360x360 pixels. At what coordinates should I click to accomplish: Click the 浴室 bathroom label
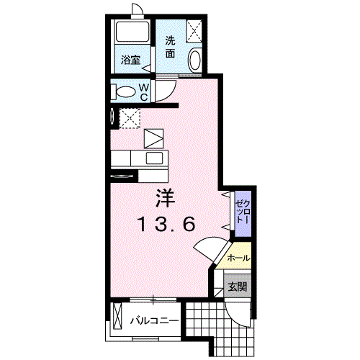click(130, 60)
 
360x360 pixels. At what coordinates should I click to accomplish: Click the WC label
click(144, 92)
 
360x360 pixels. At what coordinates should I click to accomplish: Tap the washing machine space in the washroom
click(194, 31)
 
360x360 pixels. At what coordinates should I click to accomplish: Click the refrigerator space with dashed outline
click(130, 118)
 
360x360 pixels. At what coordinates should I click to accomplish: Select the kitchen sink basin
click(155, 158)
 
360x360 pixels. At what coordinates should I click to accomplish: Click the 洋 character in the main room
click(166, 198)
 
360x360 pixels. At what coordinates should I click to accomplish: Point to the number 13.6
click(166, 224)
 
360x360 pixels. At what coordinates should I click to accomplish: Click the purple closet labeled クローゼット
click(243, 214)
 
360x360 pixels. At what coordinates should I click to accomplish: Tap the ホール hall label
click(238, 258)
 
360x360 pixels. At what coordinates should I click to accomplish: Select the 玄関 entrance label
click(238, 287)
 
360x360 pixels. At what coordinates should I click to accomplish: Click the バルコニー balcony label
click(154, 320)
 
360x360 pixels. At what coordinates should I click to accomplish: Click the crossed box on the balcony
click(117, 316)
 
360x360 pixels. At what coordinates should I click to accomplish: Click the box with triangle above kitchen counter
click(154, 138)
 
